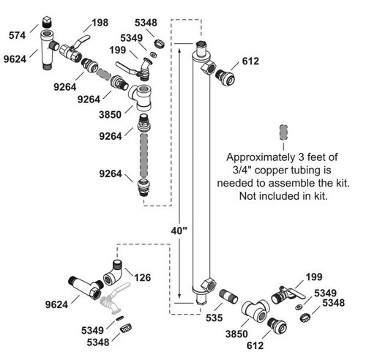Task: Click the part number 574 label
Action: point(17,35)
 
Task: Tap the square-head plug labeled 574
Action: point(46,22)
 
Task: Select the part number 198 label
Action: point(100,23)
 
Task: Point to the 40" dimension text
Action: point(179,230)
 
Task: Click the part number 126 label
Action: point(143,277)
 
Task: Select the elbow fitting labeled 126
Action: point(113,273)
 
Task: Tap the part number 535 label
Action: point(214,318)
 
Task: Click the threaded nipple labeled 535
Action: point(228,296)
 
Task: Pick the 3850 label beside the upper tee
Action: point(110,115)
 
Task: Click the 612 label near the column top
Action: point(250,61)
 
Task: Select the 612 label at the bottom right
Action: point(255,345)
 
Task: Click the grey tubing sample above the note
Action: point(283,132)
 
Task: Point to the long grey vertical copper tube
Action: point(143,155)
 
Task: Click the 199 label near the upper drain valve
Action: point(118,50)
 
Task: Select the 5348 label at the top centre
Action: point(146,23)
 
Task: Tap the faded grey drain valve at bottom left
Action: point(115,298)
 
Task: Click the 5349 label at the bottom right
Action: point(325,293)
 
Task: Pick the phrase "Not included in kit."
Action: point(283,196)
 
